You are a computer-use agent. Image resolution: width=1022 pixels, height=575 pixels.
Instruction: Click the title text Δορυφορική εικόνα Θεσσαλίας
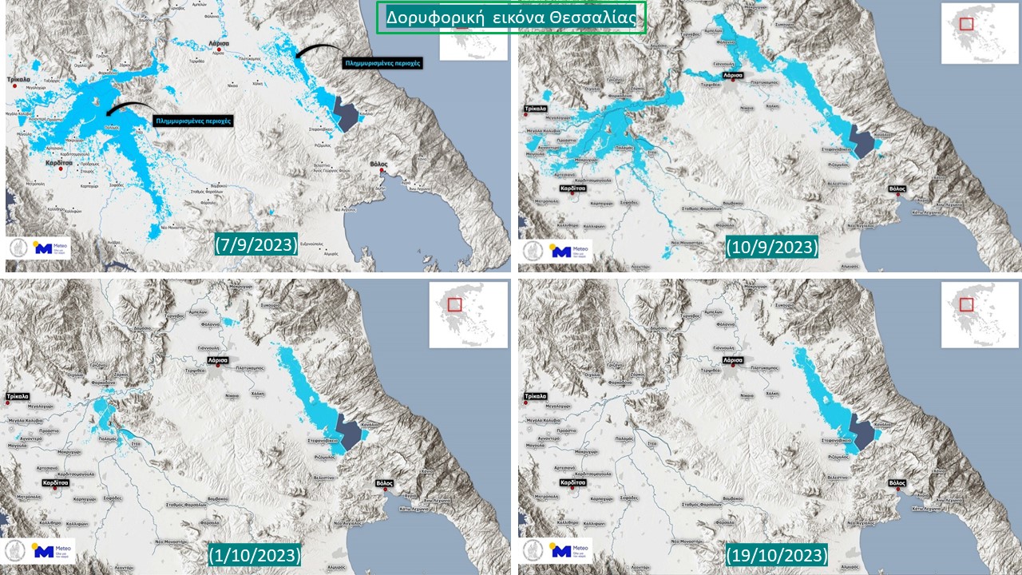[x=511, y=18]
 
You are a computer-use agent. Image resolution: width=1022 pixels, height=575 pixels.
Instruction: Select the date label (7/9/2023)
[x=256, y=244]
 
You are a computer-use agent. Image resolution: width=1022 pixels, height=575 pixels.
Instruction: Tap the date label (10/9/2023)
[x=772, y=247]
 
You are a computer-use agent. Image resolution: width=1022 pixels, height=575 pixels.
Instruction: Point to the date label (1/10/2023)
[x=255, y=554]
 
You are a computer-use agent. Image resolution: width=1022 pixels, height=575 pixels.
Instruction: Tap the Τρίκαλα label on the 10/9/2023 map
[x=536, y=107]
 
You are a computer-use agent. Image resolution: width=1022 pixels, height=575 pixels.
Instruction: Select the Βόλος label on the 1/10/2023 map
[x=384, y=483]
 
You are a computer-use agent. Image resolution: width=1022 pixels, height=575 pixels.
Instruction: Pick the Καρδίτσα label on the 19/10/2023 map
[x=572, y=483]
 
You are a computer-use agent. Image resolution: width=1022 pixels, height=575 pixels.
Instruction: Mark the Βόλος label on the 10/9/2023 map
[x=897, y=189]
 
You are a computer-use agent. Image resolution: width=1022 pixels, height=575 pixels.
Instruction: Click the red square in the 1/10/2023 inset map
[x=454, y=303]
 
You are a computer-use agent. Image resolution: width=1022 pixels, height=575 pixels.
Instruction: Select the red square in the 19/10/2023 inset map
[x=966, y=303]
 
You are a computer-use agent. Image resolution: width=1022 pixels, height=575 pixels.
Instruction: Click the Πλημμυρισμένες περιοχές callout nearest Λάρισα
[x=381, y=62]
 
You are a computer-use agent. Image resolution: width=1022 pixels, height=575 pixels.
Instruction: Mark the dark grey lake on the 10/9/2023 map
[x=862, y=142]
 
